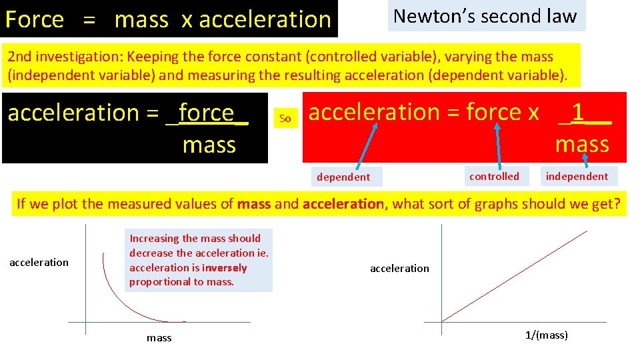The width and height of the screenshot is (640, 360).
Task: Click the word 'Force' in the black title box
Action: pyautogui.click(x=35, y=20)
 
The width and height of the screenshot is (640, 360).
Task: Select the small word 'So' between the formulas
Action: pyautogui.click(x=285, y=119)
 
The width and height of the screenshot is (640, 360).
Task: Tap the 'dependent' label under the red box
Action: pyautogui.click(x=343, y=177)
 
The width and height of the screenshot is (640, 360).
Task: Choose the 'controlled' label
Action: pyautogui.click(x=494, y=176)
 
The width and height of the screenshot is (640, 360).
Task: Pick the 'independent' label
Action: pyautogui.click(x=577, y=176)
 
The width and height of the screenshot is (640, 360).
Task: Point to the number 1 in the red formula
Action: pyautogui.click(x=578, y=113)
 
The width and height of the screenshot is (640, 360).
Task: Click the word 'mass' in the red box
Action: pyautogui.click(x=582, y=144)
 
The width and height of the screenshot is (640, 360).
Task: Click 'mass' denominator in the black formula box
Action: pyautogui.click(x=209, y=145)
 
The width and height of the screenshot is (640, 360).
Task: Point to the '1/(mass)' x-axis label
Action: pyautogui.click(x=547, y=335)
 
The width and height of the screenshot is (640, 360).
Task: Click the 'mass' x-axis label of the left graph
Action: pyautogui.click(x=159, y=338)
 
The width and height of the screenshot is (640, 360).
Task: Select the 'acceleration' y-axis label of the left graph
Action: pyautogui.click(x=39, y=262)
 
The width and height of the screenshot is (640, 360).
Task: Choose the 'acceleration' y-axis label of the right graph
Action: pyautogui.click(x=399, y=268)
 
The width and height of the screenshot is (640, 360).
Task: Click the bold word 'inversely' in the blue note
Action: pyautogui.click(x=225, y=267)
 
